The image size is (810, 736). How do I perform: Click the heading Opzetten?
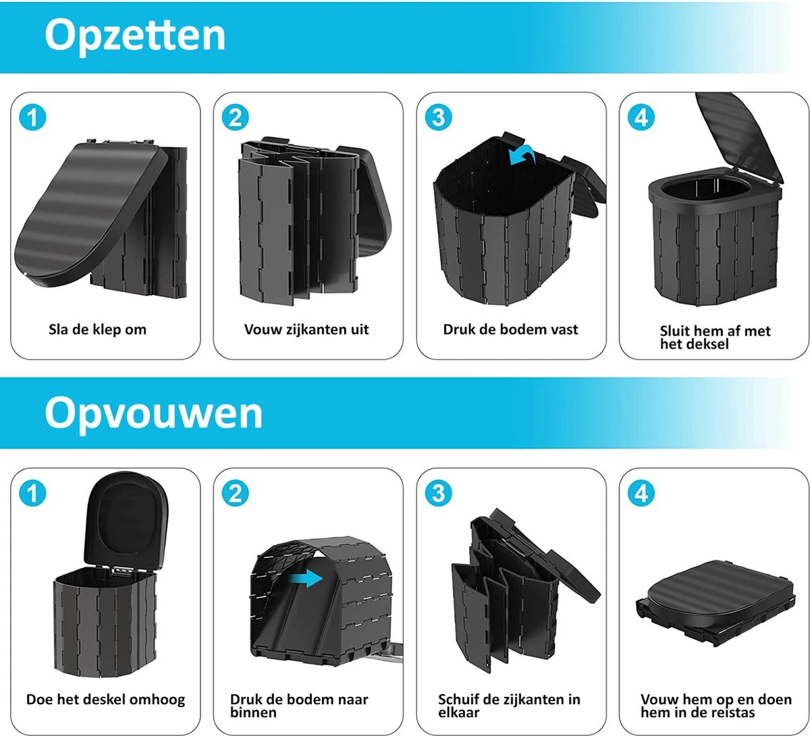click(x=135, y=36)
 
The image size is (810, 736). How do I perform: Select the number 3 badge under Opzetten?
click(x=439, y=118)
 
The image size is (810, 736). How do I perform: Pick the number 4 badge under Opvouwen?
click(x=641, y=494)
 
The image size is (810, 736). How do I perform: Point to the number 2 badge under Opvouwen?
click(x=236, y=494)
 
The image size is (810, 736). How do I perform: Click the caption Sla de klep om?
click(x=97, y=330)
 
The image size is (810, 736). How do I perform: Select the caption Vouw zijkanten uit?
click(x=306, y=330)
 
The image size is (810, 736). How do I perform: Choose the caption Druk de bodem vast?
click(x=510, y=330)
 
